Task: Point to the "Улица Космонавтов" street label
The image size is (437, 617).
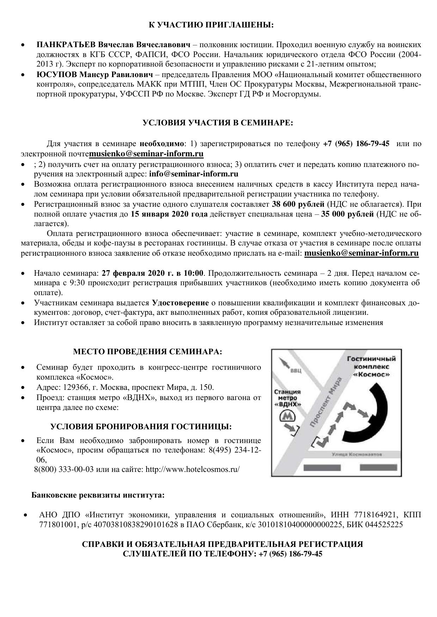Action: click(357, 454)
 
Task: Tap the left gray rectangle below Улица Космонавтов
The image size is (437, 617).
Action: click(322, 468)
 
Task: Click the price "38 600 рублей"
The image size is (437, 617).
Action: click(298, 204)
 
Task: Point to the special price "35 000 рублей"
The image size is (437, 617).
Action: click(347, 214)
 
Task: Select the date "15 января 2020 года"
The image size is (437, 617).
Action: click(169, 214)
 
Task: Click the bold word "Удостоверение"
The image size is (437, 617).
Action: click(180, 303)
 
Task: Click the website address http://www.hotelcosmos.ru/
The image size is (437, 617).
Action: click(192, 469)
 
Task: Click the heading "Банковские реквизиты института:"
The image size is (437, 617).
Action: click(98, 495)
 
